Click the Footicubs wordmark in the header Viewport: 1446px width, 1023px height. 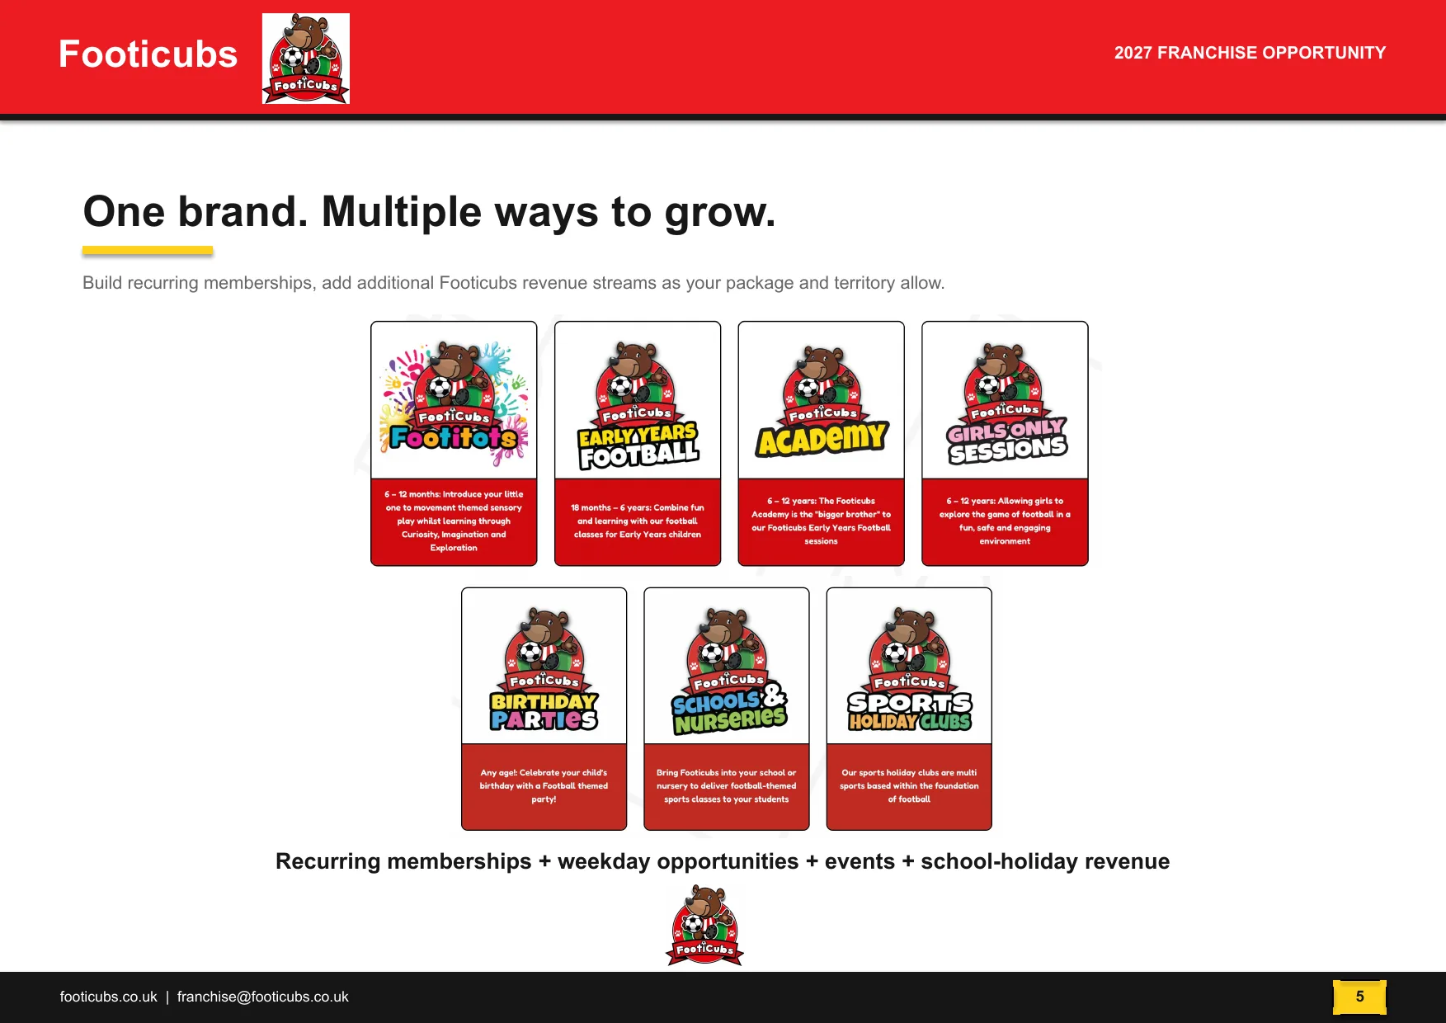click(148, 54)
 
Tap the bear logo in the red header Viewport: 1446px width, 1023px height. click(306, 59)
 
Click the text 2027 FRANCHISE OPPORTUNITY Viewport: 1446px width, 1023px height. click(1250, 53)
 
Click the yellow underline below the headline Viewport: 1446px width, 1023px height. click(148, 251)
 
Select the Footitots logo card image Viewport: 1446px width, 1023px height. click(454, 400)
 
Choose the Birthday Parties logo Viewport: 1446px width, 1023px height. click(544, 669)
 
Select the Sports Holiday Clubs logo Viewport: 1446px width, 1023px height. click(910, 670)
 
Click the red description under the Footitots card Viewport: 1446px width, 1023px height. click(454, 521)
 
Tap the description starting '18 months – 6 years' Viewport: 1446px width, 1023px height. click(638, 521)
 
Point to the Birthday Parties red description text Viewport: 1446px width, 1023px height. click(544, 786)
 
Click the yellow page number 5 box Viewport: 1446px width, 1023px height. click(1359, 997)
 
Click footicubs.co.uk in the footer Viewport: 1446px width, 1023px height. click(108, 997)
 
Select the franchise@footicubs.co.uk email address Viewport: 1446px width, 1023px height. click(262, 997)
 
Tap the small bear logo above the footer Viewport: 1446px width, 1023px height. click(705, 925)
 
